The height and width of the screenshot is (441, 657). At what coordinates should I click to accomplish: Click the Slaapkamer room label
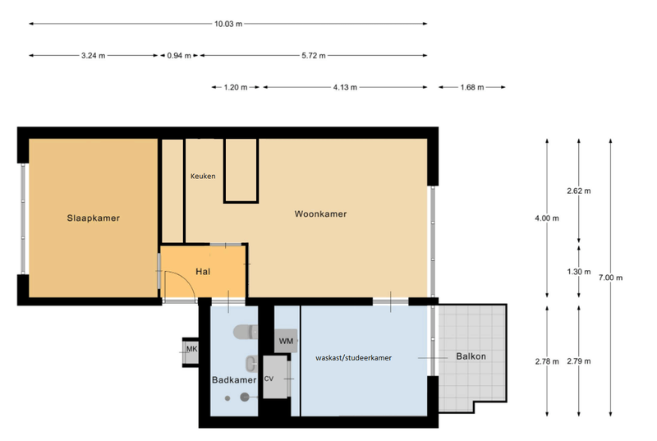[93, 218]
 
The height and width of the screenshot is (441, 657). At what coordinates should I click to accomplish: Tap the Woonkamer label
[320, 214]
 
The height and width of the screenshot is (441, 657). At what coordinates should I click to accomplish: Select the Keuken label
[203, 177]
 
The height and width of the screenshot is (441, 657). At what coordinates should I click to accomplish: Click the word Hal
[203, 271]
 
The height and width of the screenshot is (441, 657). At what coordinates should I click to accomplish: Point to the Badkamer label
[234, 380]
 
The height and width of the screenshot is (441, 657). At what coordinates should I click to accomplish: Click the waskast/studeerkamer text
[354, 358]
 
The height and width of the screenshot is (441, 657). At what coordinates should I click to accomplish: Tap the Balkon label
[471, 356]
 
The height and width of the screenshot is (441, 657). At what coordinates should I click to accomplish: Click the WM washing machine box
[286, 341]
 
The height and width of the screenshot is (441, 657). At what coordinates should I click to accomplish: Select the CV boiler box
[275, 377]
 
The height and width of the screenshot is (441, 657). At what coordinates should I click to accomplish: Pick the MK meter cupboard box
[191, 351]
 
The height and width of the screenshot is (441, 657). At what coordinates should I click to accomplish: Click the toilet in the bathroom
[246, 332]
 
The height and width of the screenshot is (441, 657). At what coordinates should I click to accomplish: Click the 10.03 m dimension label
[228, 24]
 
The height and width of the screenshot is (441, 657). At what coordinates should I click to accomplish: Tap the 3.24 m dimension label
[93, 55]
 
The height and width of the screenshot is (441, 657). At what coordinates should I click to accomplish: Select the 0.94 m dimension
[179, 55]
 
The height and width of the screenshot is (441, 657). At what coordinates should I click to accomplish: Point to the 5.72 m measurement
[314, 55]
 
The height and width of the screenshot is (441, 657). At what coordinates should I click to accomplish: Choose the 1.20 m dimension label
[236, 87]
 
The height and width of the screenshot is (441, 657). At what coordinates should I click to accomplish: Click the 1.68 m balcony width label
[472, 87]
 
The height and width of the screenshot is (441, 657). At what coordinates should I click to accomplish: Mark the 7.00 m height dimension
[610, 278]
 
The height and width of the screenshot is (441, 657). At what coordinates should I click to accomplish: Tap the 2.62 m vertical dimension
[579, 191]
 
